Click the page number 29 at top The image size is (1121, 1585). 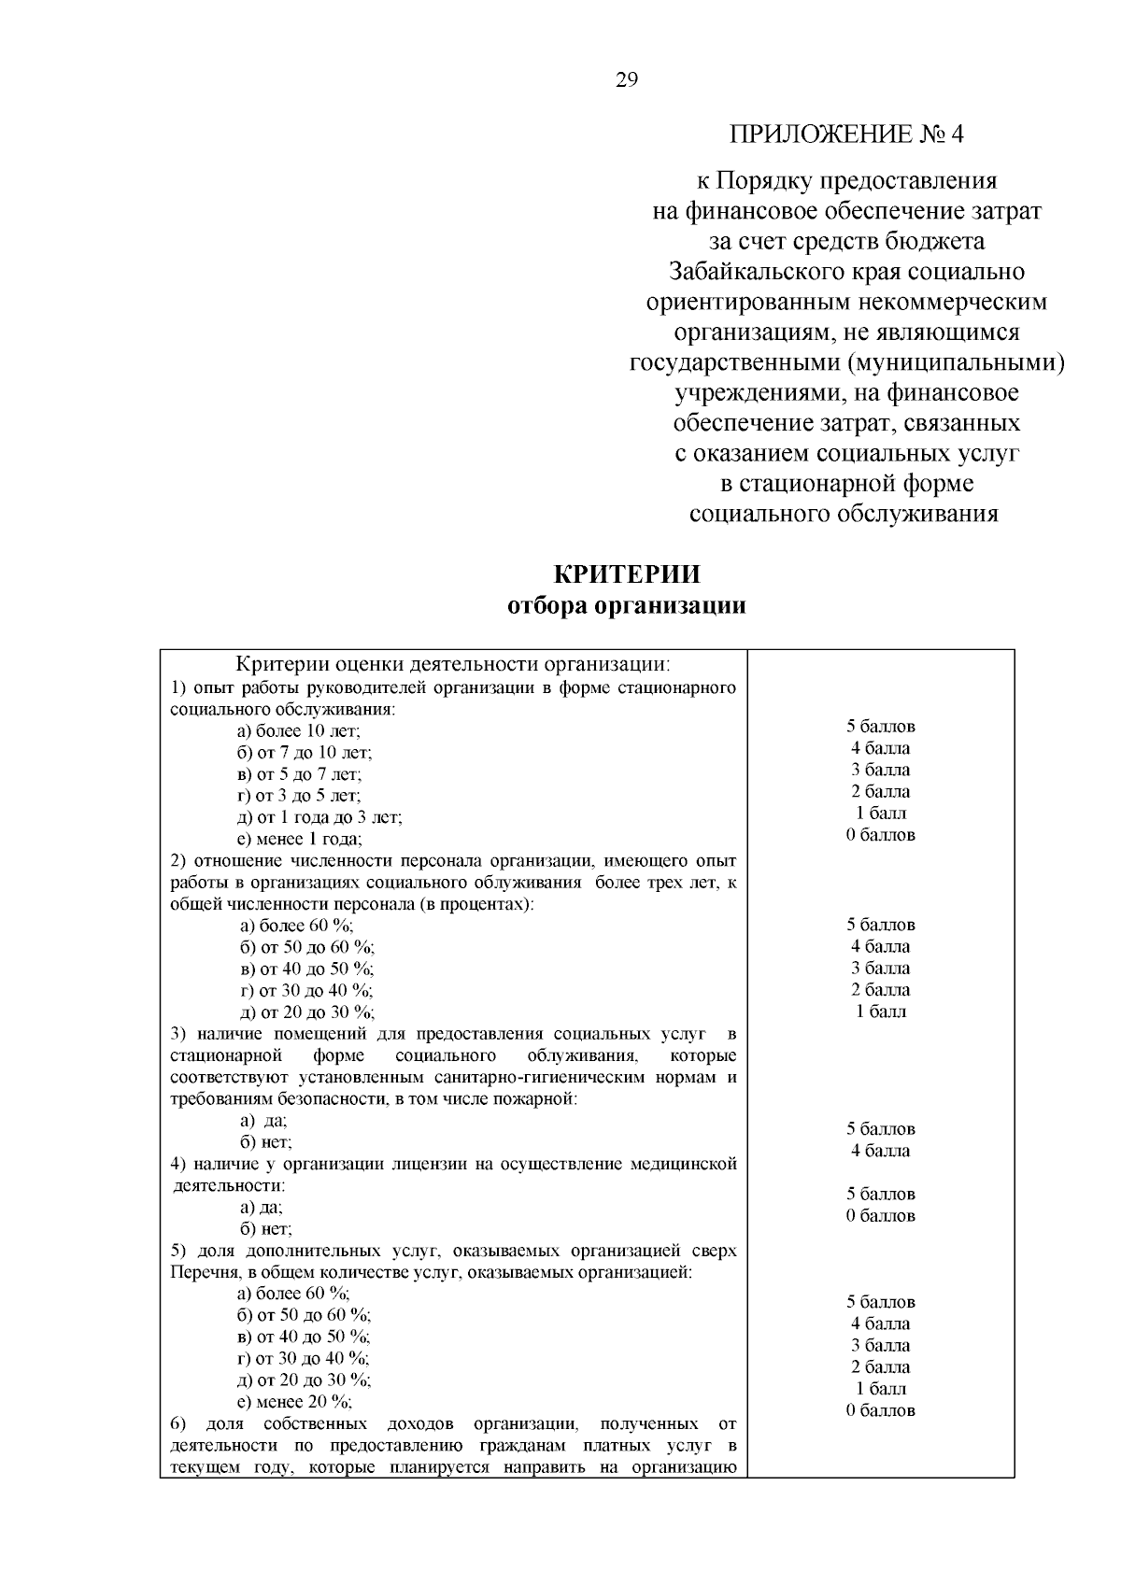627,81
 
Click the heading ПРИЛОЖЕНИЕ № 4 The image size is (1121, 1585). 846,134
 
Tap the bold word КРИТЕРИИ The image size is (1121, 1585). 627,574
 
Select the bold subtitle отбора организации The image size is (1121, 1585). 627,606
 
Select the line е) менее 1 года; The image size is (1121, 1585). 300,839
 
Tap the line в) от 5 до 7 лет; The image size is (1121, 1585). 299,774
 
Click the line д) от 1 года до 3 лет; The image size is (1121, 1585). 319,817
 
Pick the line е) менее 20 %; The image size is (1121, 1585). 294,1402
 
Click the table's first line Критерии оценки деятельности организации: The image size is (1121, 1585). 453,665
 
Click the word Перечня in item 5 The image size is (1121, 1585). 199,1272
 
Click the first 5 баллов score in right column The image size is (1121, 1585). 881,726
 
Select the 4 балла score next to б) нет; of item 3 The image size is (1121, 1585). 881,1151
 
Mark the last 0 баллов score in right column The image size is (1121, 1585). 881,1410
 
